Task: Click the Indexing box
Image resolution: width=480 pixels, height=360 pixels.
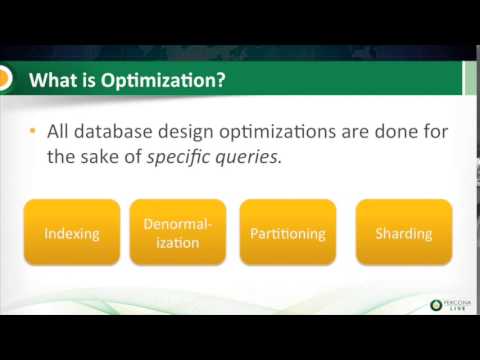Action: coord(72,233)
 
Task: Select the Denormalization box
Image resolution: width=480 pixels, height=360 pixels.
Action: coord(178,233)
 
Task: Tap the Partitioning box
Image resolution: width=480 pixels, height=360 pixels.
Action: coord(287,233)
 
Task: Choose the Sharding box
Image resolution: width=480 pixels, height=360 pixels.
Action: coord(403,233)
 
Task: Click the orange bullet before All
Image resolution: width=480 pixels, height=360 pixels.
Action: coord(33,131)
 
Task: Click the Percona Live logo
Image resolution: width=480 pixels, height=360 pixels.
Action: coord(447,304)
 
